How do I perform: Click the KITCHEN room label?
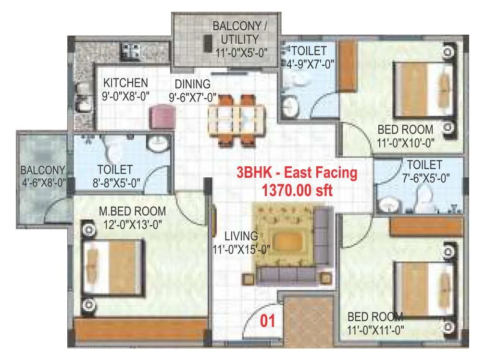point(125,83)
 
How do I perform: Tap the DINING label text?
point(192,84)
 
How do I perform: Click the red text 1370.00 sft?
point(297,190)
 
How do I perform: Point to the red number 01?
point(267,321)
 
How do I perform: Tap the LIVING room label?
point(242,236)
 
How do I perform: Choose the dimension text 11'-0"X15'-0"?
point(242,248)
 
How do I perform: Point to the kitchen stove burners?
point(130,49)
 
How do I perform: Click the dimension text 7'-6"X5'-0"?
point(424,178)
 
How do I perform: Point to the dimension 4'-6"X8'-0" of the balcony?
point(43,183)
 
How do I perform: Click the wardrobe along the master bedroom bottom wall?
point(140,330)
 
